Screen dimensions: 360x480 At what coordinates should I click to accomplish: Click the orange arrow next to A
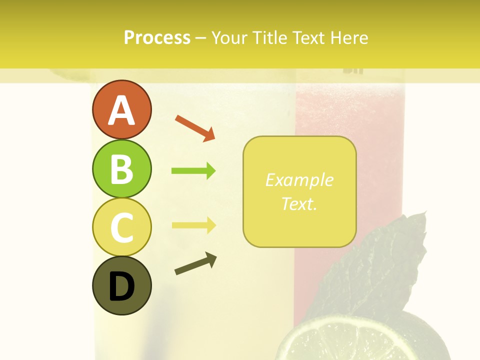pyautogui.click(x=195, y=127)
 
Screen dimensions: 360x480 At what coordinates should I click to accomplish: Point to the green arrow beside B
pyautogui.click(x=193, y=171)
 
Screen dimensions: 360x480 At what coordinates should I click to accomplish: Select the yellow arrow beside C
pyautogui.click(x=193, y=225)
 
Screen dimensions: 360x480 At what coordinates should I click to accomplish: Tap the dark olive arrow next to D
pyautogui.click(x=195, y=263)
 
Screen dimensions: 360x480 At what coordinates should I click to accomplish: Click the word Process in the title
pyautogui.click(x=157, y=38)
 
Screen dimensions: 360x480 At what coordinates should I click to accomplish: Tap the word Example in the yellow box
pyautogui.click(x=299, y=180)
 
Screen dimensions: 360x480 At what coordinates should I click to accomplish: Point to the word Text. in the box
pyautogui.click(x=299, y=203)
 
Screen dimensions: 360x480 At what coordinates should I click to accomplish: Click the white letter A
pyautogui.click(x=121, y=110)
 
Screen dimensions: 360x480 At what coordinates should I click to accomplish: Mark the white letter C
pyautogui.click(x=121, y=228)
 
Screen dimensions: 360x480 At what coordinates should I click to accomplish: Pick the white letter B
pyautogui.click(x=121, y=169)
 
